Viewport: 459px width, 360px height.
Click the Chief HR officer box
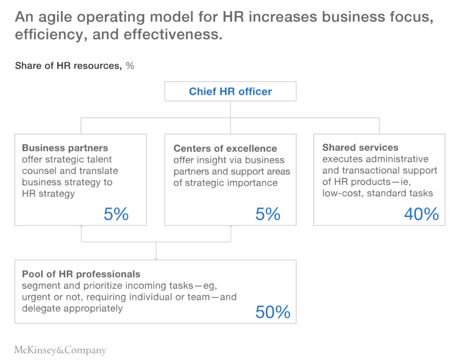pyautogui.click(x=230, y=91)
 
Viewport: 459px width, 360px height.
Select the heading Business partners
pyautogui.click(x=65, y=148)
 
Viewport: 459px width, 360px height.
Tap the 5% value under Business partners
pyautogui.click(x=116, y=214)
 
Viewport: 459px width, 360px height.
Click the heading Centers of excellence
pyautogui.click(x=225, y=148)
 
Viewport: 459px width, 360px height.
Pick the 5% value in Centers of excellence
pyautogui.click(x=268, y=214)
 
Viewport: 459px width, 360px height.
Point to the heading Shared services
pyautogui.click(x=360, y=147)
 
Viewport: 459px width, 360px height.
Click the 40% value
pyautogui.click(x=421, y=214)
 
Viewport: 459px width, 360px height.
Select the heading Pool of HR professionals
pyautogui.click(x=81, y=274)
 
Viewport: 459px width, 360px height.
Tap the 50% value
pyautogui.click(x=273, y=312)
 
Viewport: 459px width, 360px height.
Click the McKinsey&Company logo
pyautogui.click(x=60, y=350)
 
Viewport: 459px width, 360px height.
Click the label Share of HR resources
pyautogui.click(x=68, y=66)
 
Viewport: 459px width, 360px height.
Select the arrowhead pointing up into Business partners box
pyautogui.click(x=81, y=227)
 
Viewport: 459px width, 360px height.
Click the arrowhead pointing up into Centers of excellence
pyautogui.click(x=231, y=227)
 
